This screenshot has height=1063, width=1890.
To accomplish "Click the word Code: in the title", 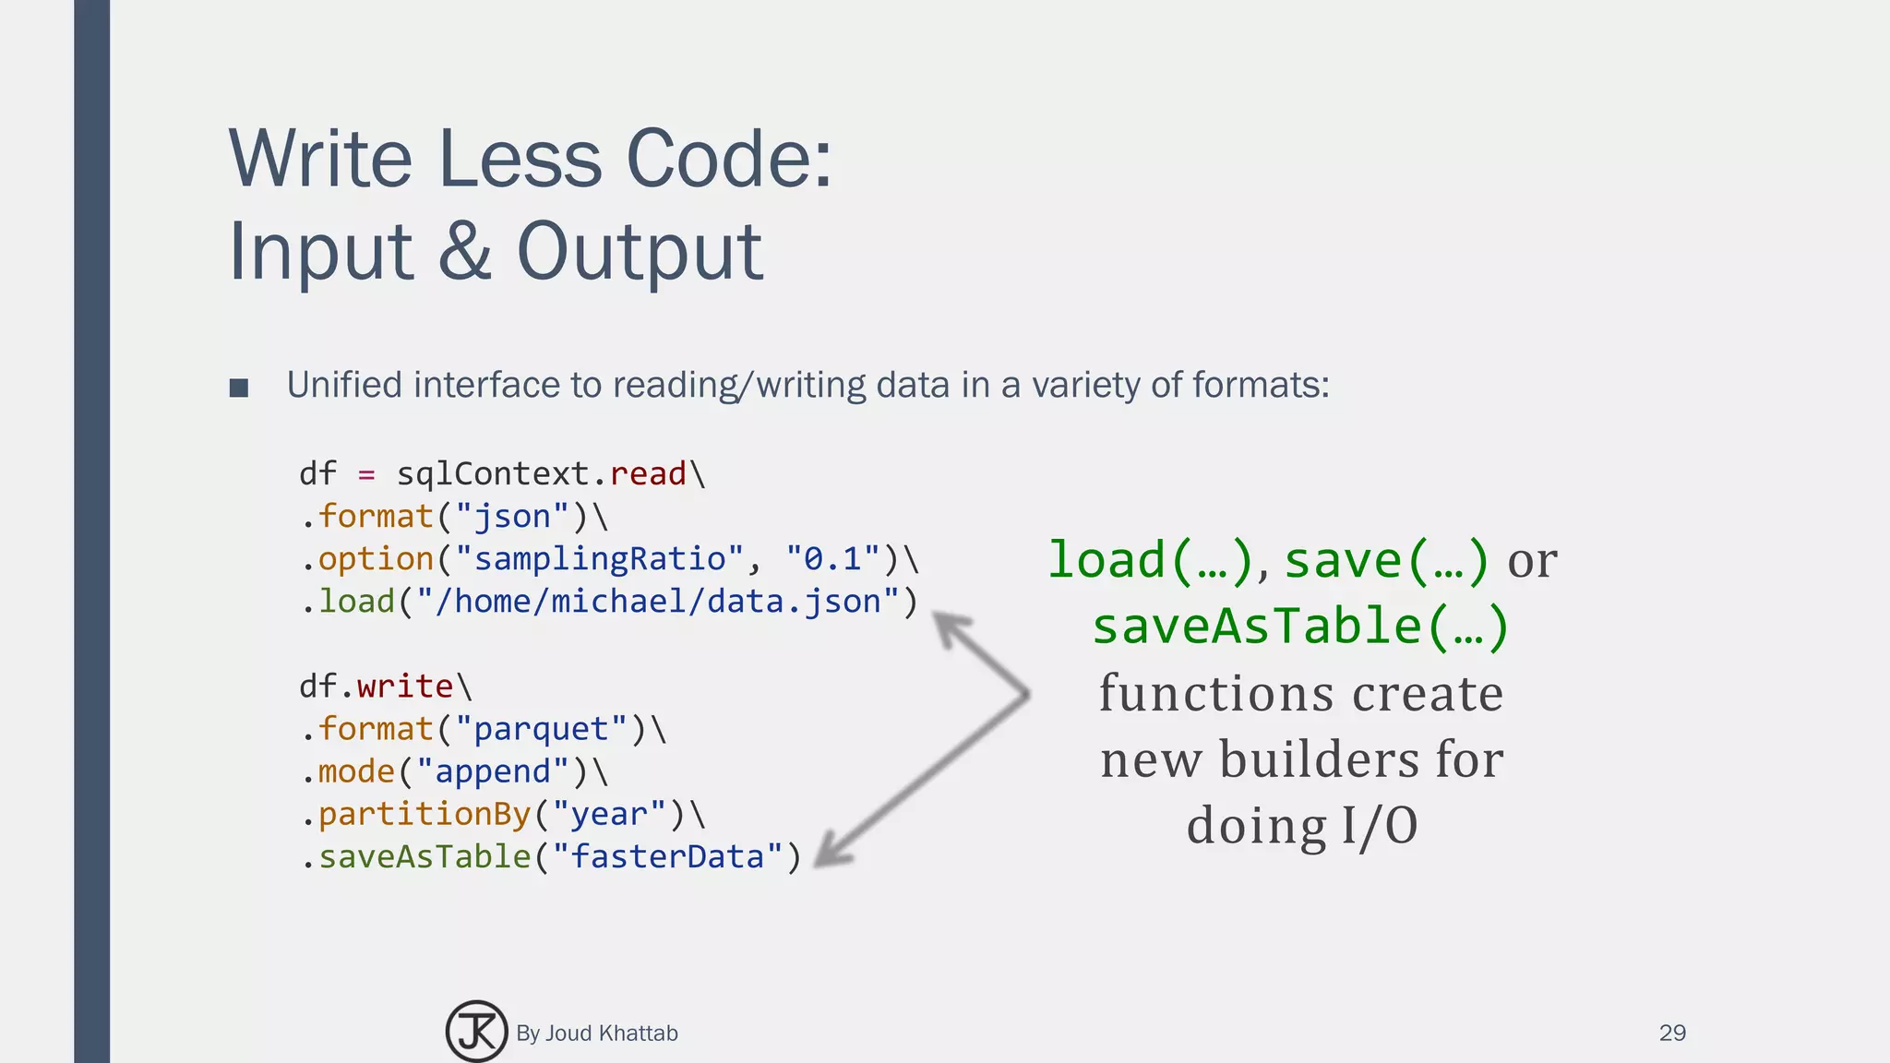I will [x=729, y=159].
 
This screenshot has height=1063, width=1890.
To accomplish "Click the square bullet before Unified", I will [x=239, y=388].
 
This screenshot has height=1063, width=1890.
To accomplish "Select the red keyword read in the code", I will [x=648, y=473].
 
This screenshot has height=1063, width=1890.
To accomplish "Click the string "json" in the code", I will [x=512, y=516].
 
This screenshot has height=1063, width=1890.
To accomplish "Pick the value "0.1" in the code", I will [x=832, y=558].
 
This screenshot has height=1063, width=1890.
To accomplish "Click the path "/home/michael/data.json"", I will [x=658, y=601].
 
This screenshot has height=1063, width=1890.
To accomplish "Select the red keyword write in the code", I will [x=404, y=686].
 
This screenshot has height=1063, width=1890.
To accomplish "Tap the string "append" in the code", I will [x=493, y=770].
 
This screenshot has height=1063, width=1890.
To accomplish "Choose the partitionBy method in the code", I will [x=425, y=813].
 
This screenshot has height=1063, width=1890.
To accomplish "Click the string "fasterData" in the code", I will [x=667, y=855].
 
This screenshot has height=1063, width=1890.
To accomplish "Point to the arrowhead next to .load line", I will [x=951, y=629].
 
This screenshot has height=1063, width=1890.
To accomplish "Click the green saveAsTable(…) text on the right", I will [x=1300, y=626].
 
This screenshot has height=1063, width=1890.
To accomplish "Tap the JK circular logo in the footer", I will [x=476, y=1032].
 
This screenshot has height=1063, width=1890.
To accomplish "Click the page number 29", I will [x=1672, y=1033].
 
